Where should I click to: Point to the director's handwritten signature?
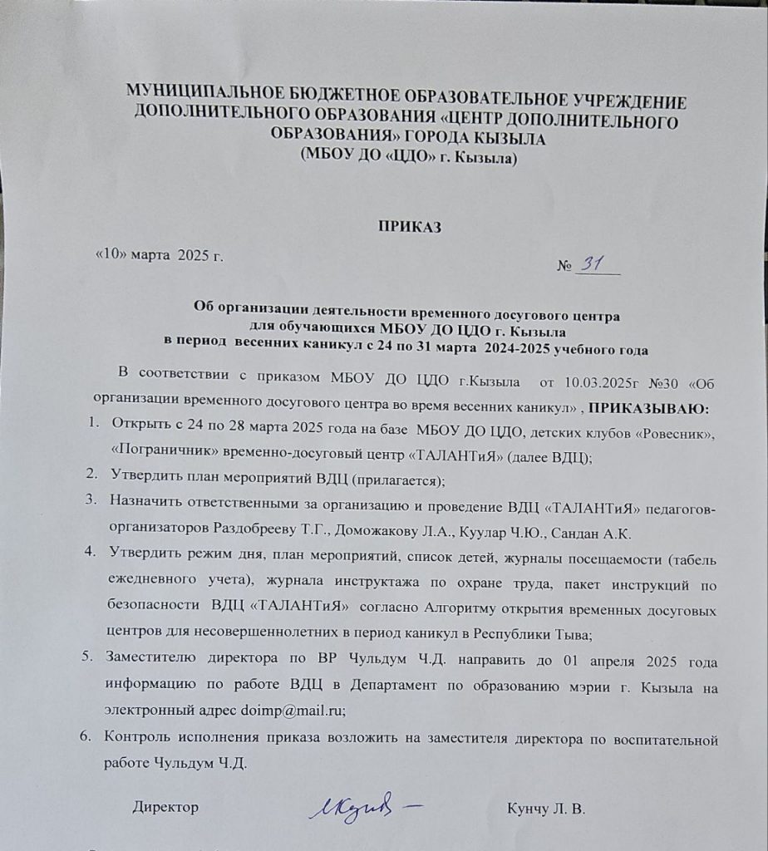point(364,805)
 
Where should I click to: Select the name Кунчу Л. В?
point(546,809)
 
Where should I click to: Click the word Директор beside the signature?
point(166,807)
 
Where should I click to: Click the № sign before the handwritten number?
point(564,268)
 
